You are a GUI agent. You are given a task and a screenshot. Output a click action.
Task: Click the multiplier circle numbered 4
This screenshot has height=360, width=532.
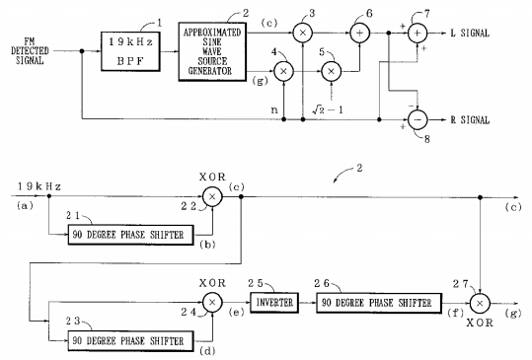(x=285, y=72)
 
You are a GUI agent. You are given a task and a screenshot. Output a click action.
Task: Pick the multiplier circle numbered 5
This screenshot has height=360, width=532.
(x=331, y=72)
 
